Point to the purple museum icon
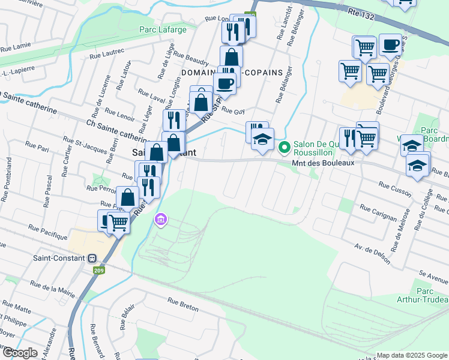(x=159, y=220)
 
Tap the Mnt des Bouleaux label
(x=323, y=163)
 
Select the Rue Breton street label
(x=183, y=304)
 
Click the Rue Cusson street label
(x=393, y=188)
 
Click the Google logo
(x=20, y=353)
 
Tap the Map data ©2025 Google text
(x=412, y=355)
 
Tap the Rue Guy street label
(x=234, y=110)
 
